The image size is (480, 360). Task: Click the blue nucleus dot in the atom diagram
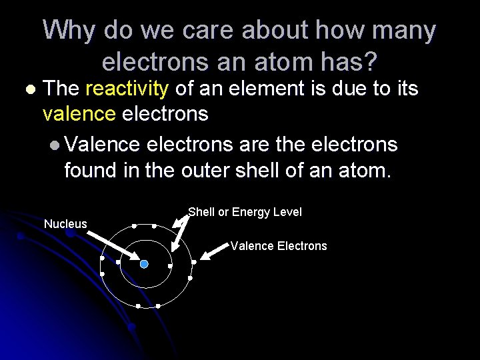coord(143,264)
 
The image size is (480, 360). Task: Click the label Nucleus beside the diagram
coord(65,224)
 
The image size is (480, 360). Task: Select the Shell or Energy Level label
coord(245,212)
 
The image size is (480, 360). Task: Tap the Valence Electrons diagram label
coord(279,246)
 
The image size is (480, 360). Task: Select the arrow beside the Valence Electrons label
coord(215,251)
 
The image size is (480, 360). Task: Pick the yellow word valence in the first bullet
coord(79,114)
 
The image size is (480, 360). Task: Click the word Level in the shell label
coord(287,212)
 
